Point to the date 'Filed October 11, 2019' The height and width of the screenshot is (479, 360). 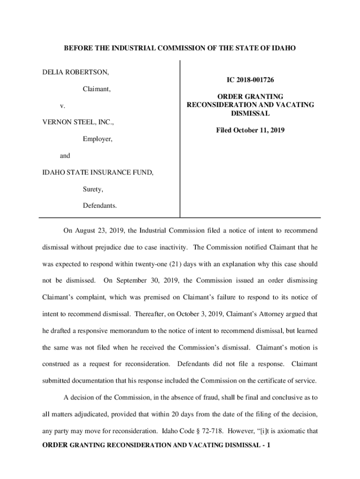[x=250, y=131]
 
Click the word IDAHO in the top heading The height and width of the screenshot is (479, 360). [x=285, y=48]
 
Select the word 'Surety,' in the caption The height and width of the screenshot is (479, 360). [x=93, y=189]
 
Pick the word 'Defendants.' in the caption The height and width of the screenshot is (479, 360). [x=100, y=206]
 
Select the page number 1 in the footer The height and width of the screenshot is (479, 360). [x=269, y=445]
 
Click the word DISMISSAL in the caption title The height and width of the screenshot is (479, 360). [x=250, y=114]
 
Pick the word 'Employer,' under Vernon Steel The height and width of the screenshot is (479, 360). [x=98, y=139]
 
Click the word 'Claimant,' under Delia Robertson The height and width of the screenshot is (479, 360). [x=97, y=89]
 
